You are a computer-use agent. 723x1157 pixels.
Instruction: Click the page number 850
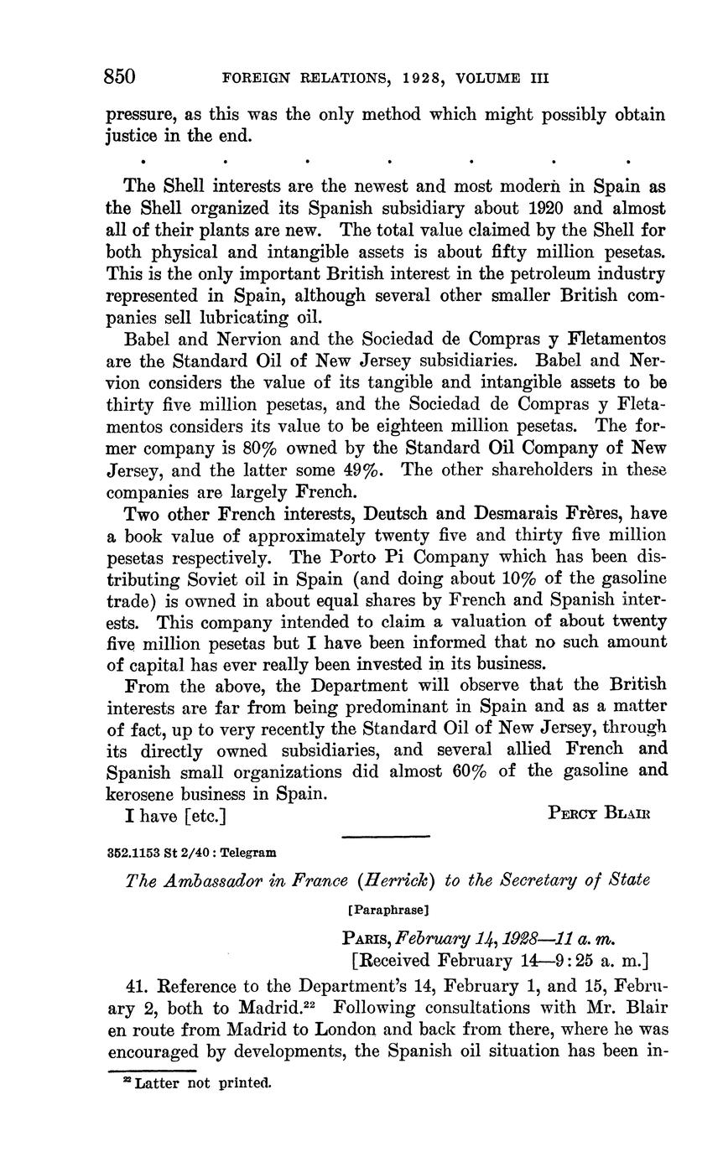120,77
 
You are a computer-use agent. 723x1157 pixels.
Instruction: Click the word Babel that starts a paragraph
150,339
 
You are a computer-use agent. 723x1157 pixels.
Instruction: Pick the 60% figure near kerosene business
470,770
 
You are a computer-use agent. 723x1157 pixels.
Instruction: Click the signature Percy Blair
599,812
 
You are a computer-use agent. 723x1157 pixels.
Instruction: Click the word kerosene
148,792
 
